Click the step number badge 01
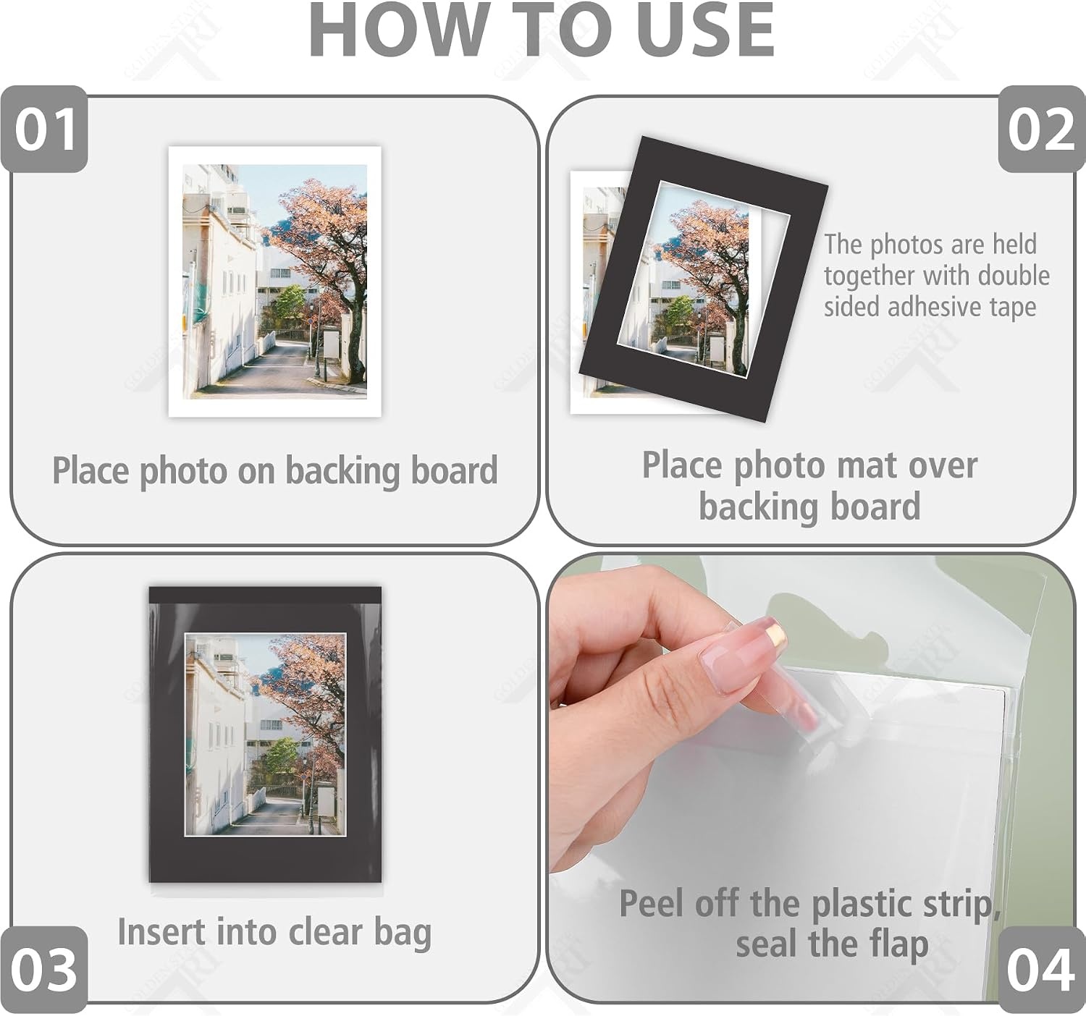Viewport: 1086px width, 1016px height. [x=44, y=129]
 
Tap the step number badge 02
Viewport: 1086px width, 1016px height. [x=1042, y=129]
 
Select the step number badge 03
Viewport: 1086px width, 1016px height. [x=43, y=970]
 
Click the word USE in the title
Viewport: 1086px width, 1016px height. [x=706, y=30]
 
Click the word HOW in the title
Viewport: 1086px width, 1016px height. [x=399, y=30]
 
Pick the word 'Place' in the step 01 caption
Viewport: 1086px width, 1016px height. [x=91, y=470]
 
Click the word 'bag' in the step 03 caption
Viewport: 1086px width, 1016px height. [x=403, y=934]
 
